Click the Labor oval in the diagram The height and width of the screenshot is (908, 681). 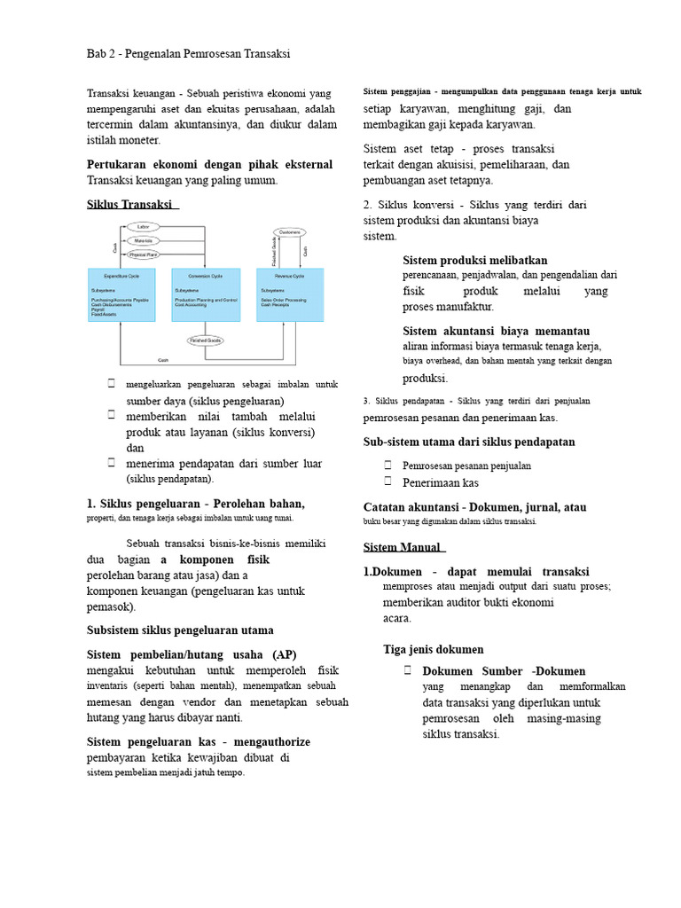tap(144, 227)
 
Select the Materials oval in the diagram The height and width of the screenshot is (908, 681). tap(144, 240)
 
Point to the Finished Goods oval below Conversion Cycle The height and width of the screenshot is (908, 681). tap(206, 340)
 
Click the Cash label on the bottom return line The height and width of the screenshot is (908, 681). tap(162, 360)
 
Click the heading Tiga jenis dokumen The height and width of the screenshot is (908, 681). tap(434, 648)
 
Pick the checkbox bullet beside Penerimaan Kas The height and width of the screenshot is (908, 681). tap(388, 481)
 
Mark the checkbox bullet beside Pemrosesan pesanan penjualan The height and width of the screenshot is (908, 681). tap(388, 465)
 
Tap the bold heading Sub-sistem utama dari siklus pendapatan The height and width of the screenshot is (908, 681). tap(469, 442)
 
